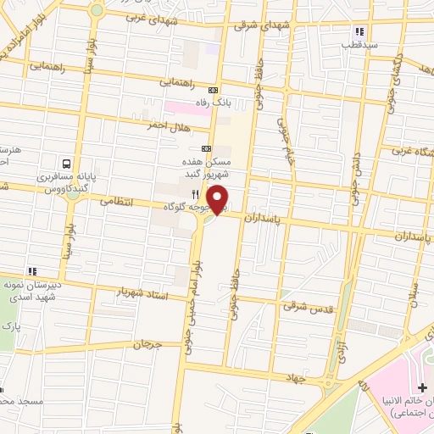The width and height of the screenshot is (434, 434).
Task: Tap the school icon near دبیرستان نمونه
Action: point(31,271)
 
